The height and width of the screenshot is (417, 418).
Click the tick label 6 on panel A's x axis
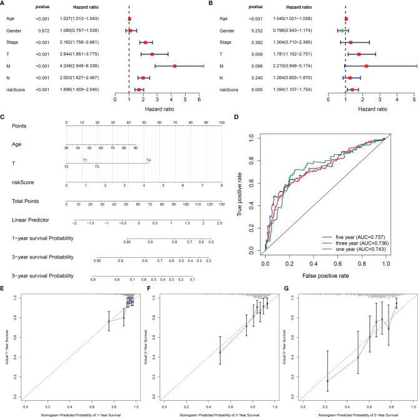199,99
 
